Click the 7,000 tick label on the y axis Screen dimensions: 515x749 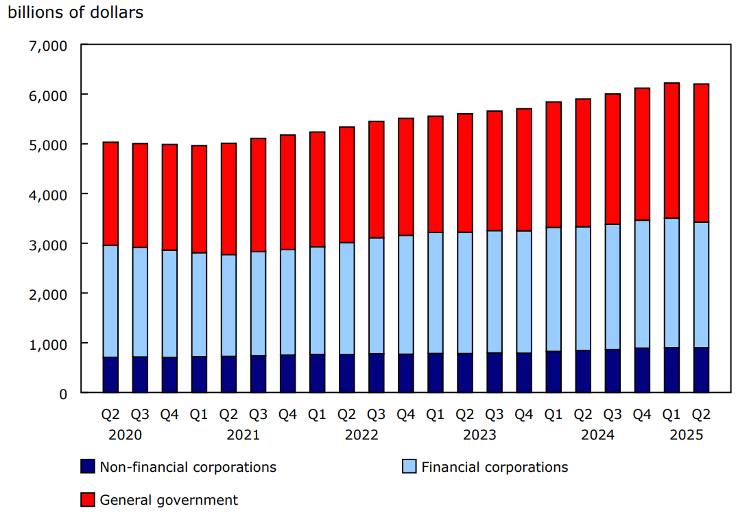point(47,45)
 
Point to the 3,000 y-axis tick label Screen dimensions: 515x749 point(47,244)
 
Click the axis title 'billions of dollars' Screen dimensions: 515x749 point(75,12)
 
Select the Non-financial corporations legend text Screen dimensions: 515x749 point(188,467)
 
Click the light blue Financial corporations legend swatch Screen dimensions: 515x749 point(409,467)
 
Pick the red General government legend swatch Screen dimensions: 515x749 point(87,500)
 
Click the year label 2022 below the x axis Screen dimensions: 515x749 point(361,435)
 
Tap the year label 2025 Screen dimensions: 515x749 point(686,435)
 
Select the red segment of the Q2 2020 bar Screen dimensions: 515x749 point(110,193)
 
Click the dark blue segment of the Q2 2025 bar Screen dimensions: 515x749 point(701,370)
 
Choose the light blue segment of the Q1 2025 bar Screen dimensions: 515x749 point(671,283)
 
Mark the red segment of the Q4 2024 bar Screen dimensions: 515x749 point(642,154)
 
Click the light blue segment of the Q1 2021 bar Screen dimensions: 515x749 point(199,304)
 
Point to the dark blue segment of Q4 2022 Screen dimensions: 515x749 point(406,373)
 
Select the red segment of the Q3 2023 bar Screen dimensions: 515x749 point(495,170)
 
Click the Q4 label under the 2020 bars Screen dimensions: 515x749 point(169,415)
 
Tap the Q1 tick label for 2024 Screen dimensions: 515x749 point(554,415)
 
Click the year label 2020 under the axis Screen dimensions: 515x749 point(125,435)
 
